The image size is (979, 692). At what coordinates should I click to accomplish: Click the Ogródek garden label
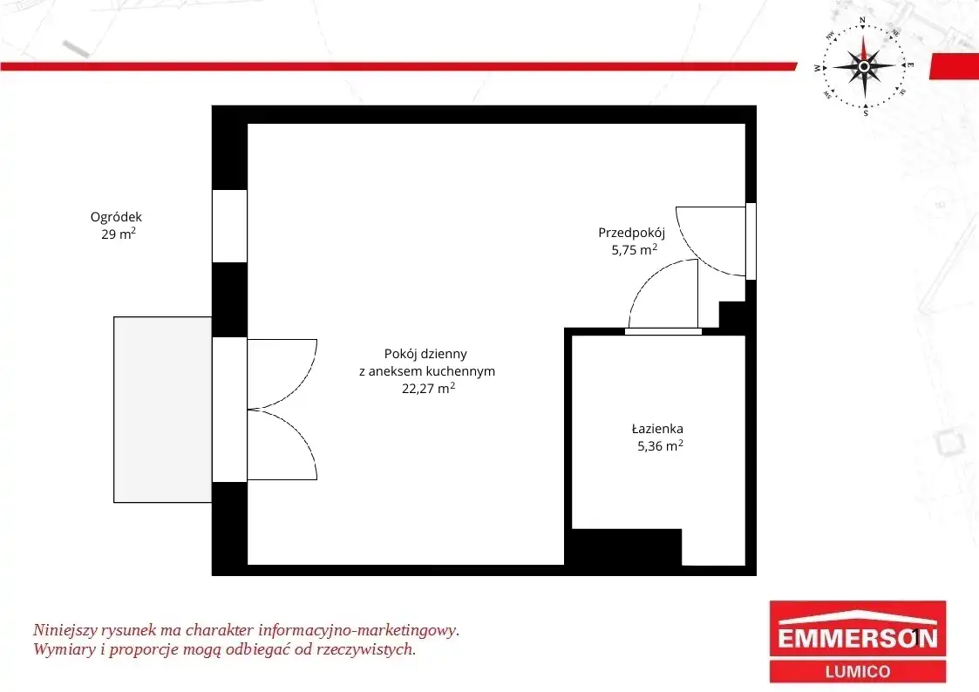tap(116, 217)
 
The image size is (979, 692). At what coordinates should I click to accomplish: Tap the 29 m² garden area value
tap(119, 234)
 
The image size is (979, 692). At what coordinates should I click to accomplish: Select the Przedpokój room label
tap(631, 233)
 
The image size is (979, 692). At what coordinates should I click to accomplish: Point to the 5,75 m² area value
tap(635, 249)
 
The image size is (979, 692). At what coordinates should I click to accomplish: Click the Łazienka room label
tap(657, 429)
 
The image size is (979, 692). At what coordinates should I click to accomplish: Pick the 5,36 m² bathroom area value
tap(660, 445)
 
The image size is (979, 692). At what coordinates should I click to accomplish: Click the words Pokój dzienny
tap(425, 354)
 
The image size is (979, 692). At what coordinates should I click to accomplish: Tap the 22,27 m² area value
tap(428, 388)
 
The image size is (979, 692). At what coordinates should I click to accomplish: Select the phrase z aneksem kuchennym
tap(427, 371)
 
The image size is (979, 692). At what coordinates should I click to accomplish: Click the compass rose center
tap(864, 66)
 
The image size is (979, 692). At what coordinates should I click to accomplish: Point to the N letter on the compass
tap(863, 21)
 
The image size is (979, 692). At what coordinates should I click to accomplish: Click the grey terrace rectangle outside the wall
tap(163, 410)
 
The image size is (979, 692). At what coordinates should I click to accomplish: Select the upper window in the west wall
tap(230, 226)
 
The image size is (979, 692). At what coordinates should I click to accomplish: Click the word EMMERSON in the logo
tap(858, 638)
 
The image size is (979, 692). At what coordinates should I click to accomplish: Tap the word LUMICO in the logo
tap(858, 672)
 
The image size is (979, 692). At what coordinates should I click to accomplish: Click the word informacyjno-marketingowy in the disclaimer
tap(358, 630)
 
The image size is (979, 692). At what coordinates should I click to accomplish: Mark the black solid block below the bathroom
tap(626, 547)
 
